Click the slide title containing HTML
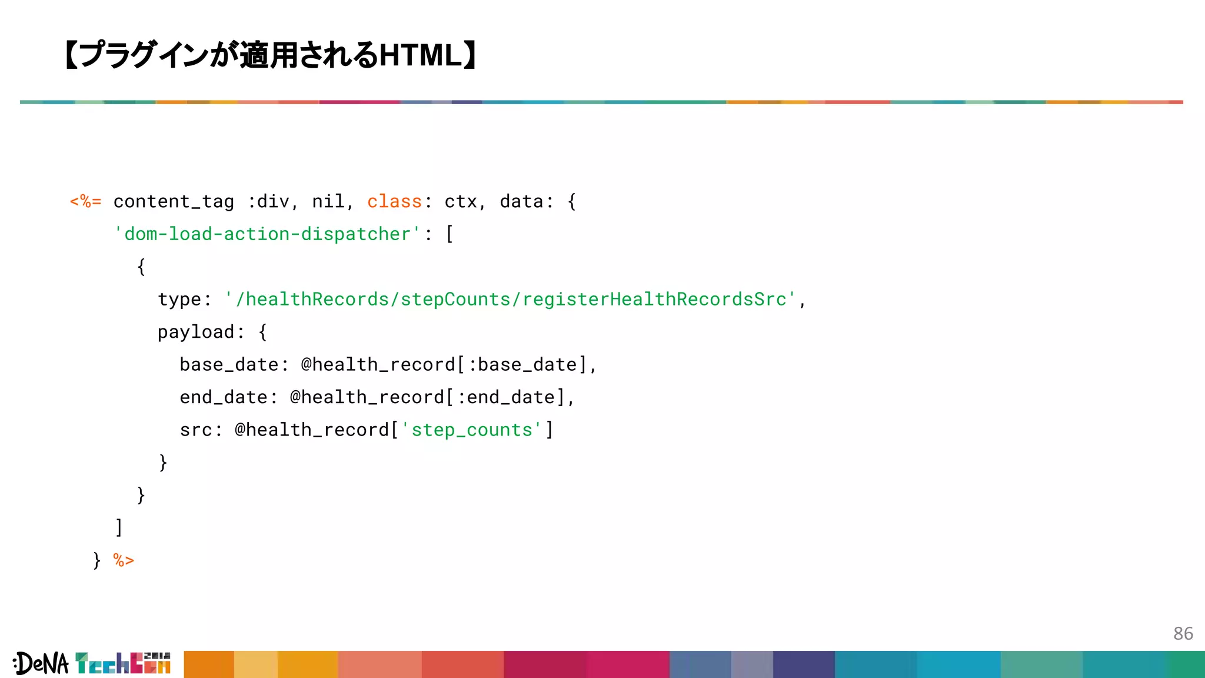pos(271,55)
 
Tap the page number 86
pos(1183,633)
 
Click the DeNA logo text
pos(41,664)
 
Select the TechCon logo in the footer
pos(123,663)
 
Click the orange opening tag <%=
pos(85,202)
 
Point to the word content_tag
pos(174,202)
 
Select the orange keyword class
pos(394,202)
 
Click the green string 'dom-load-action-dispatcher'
pos(268,234)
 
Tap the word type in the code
pos(179,300)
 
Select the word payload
pos(196,332)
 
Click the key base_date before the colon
pos(229,365)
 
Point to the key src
pos(196,430)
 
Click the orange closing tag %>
pos(124,560)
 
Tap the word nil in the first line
pos(328,202)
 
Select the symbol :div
pos(268,202)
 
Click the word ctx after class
pos(460,202)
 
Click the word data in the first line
pos(521,202)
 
